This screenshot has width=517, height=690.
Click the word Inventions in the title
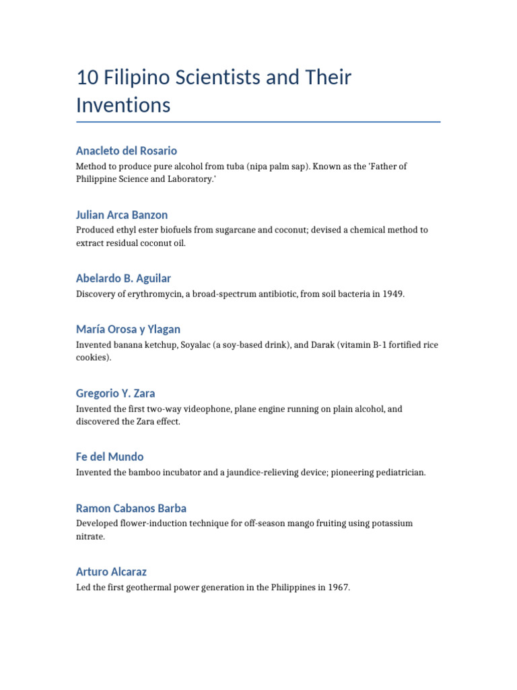123,105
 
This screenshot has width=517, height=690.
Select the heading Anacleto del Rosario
127,151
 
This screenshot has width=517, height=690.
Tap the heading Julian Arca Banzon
122,215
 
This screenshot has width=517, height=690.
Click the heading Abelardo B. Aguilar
123,278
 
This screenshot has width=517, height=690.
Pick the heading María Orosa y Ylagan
128,330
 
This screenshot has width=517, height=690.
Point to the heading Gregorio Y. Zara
116,394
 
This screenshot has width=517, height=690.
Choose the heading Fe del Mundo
110,457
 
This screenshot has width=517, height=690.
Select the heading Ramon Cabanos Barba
131,508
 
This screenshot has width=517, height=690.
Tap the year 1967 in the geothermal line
338,588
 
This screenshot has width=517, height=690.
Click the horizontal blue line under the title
258,122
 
